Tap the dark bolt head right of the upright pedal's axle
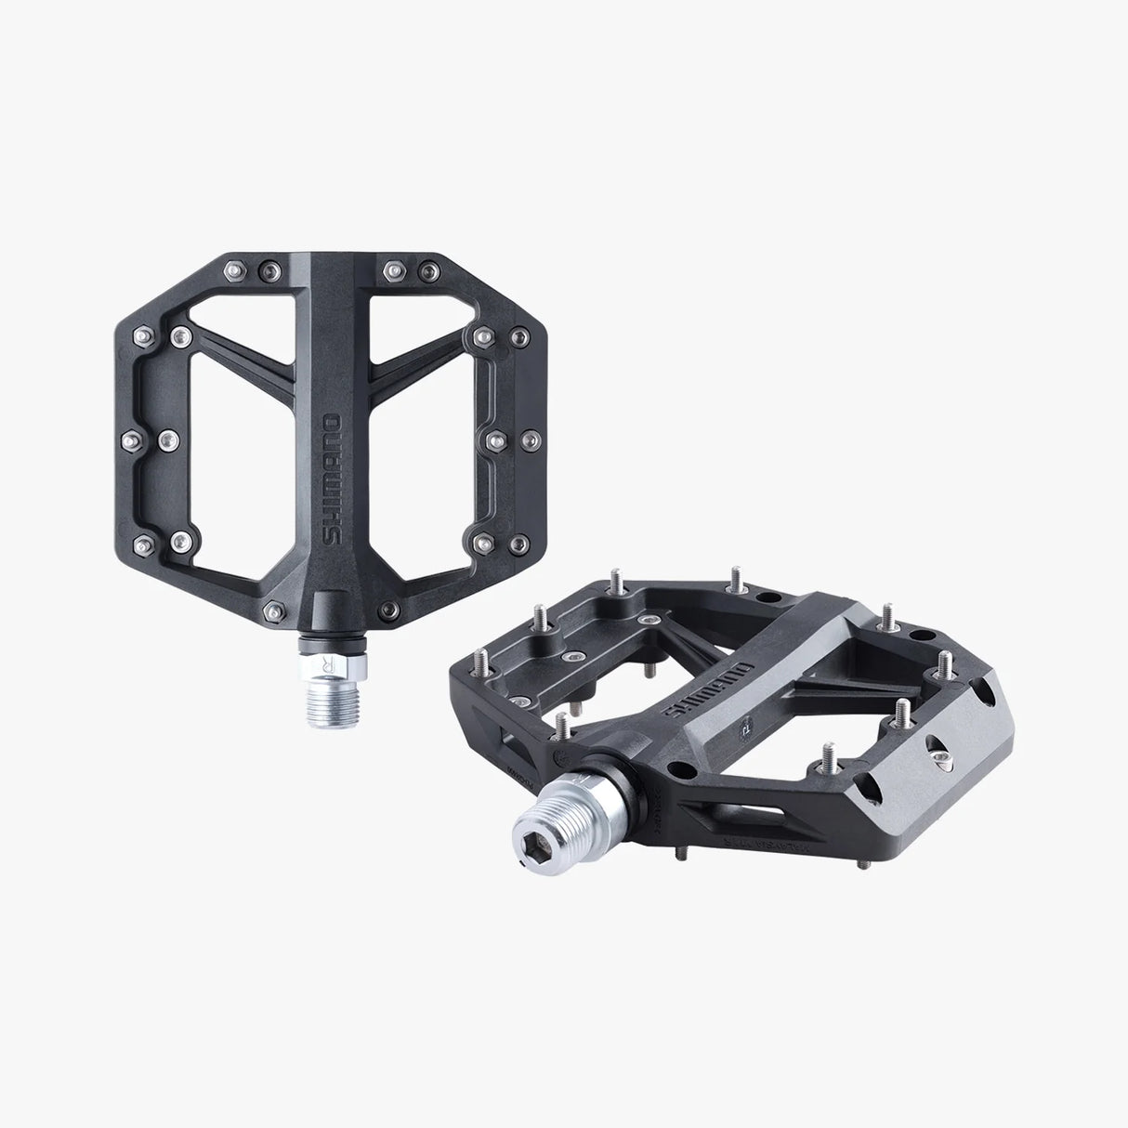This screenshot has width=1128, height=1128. [x=391, y=610]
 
